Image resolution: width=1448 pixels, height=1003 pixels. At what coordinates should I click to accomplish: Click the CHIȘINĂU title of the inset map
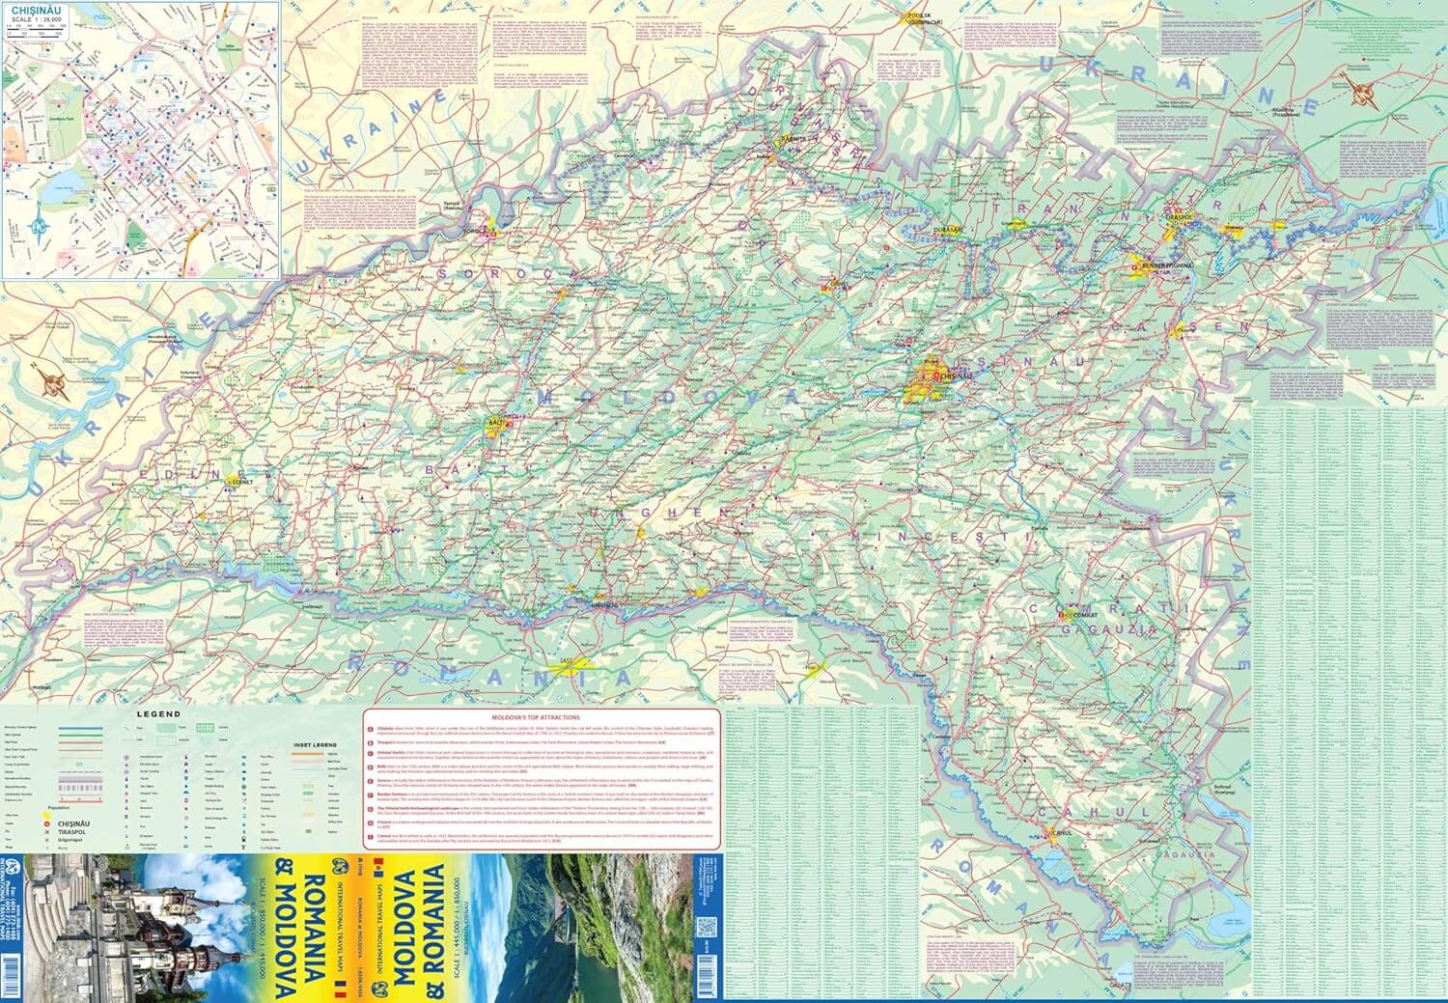[x=30, y=13]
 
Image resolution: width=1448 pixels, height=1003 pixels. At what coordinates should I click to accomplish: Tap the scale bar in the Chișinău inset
[x=35, y=33]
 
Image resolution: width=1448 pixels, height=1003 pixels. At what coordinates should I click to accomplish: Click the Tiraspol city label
[x=1173, y=218]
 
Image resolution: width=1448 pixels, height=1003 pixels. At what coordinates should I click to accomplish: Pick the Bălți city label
[x=499, y=423]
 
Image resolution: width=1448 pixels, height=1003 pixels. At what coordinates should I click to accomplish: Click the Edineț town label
[x=239, y=479]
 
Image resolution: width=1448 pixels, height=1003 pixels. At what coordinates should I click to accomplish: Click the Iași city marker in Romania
[x=561, y=664]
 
